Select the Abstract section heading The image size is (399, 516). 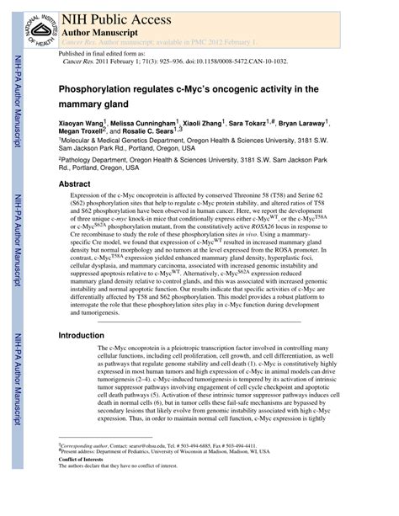tap(75, 183)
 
